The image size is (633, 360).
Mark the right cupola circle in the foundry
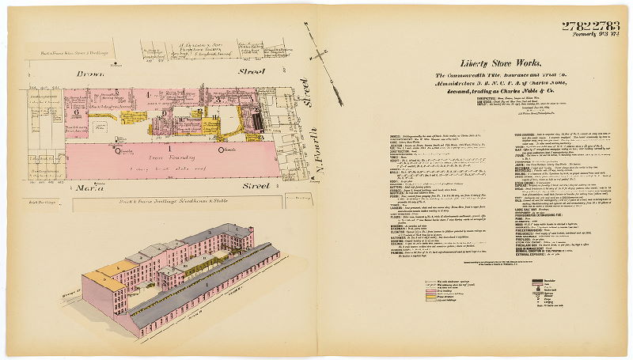221,149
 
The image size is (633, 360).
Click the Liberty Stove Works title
501,63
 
